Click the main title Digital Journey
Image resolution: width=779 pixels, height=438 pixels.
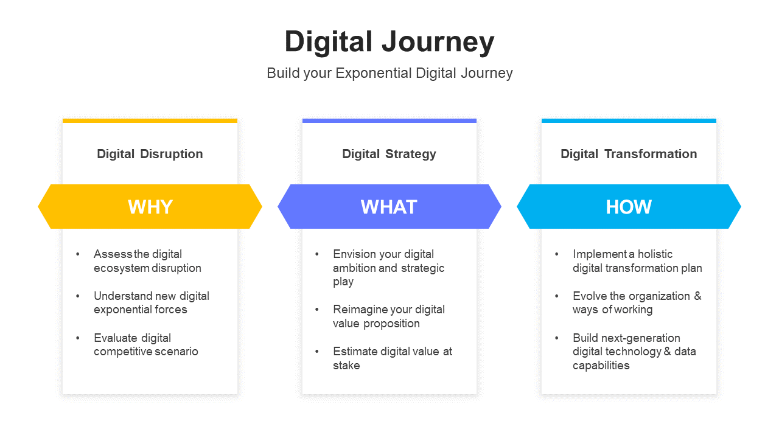(x=389, y=42)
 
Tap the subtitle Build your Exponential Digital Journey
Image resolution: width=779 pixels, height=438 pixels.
(x=389, y=74)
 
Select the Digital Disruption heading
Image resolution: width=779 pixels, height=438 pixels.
(x=150, y=154)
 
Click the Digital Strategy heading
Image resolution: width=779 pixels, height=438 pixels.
(x=389, y=154)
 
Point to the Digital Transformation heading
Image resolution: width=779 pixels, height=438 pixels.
(x=629, y=154)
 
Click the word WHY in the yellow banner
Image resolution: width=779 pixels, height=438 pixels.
(x=150, y=207)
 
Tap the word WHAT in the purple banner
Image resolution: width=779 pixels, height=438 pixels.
(x=389, y=207)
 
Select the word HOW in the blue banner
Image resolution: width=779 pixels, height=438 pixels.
(x=629, y=207)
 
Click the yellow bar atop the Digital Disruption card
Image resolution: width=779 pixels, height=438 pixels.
(x=150, y=120)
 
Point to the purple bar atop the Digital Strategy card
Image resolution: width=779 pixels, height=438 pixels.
(x=389, y=120)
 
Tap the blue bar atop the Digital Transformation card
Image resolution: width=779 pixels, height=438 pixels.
(x=629, y=120)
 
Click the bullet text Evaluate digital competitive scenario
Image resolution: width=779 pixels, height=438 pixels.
(x=146, y=344)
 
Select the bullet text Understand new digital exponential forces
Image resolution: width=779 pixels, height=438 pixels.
(x=152, y=303)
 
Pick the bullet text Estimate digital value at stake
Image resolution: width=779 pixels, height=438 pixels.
(x=393, y=358)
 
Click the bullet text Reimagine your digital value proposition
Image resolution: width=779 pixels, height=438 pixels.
(x=389, y=316)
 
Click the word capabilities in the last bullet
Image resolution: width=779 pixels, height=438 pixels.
(x=601, y=366)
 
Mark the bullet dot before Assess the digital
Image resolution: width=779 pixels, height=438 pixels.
(x=77, y=254)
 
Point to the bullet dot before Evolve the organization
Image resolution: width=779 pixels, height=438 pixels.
(x=557, y=296)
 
